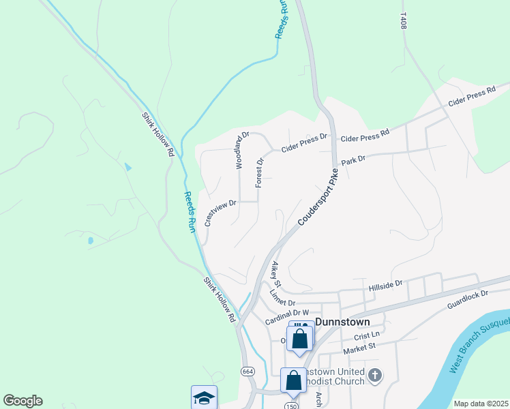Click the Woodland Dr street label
coord(239,151)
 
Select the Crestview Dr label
coord(220,212)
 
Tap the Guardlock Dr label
coord(468,301)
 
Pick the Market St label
coord(359,347)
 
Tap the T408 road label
coord(403,21)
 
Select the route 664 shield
coord(247,371)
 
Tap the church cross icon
coord(374,375)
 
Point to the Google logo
coord(22,401)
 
